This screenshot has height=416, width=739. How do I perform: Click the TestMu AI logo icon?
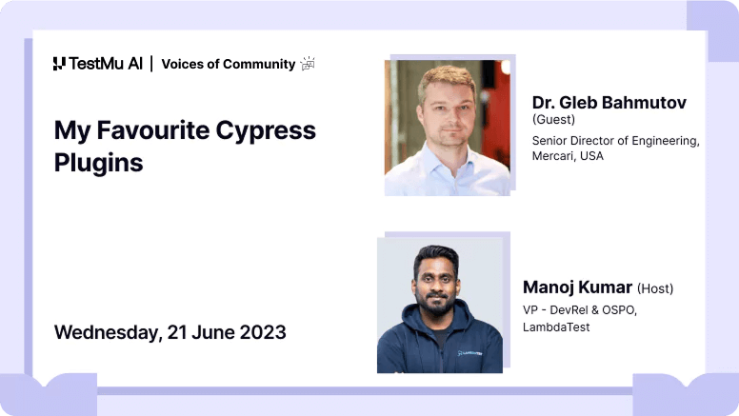coord(59,64)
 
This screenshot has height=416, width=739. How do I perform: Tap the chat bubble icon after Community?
coord(308,64)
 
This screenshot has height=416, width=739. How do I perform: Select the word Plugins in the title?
coord(98,164)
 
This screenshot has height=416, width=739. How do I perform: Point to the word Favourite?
coord(152,130)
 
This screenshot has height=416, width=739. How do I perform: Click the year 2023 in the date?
coord(263,332)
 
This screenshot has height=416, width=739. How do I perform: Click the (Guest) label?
coord(554,120)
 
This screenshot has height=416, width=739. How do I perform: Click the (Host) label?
coord(655,288)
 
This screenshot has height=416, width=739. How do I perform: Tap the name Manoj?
coord(549,287)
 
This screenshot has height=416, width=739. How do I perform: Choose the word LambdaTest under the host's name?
coord(556,327)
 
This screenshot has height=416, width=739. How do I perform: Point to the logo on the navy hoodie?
coord(469,353)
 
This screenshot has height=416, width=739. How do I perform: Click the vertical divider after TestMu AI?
coord(151,64)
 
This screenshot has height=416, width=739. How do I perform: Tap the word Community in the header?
coord(259,64)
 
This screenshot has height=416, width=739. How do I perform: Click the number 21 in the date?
coord(177,332)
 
